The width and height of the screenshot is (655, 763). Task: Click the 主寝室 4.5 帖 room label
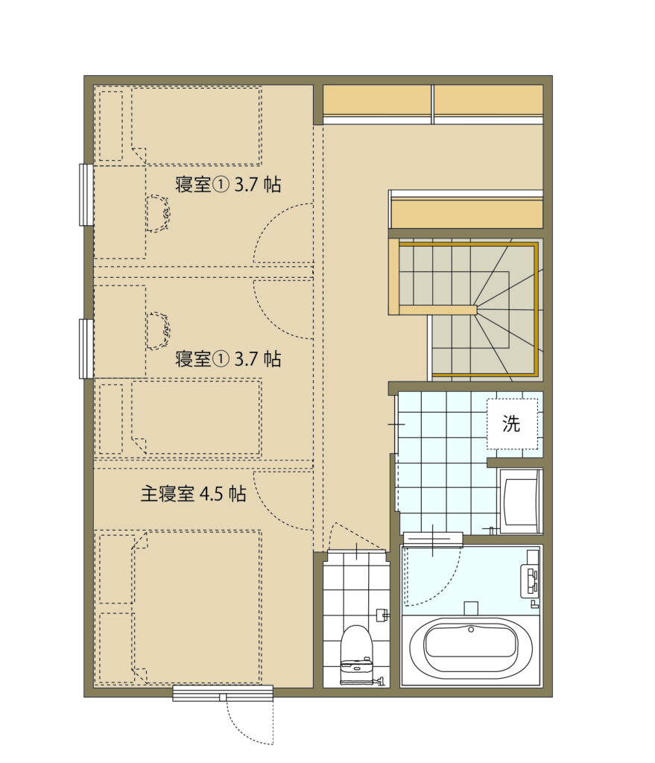193,494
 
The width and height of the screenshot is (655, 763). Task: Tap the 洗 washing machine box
513,424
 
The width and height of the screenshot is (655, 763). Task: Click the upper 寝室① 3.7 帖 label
228,185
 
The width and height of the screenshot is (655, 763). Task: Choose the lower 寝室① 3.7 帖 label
228,359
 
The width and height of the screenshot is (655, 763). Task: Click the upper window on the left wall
86,194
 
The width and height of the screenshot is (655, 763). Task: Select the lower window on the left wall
86,349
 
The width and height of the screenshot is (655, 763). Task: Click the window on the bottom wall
223,694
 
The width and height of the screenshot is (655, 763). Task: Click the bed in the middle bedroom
196,418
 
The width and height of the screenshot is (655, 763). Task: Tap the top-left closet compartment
378,104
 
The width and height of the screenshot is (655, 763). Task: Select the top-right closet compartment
488,104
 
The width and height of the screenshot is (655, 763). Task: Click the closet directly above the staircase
466,209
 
